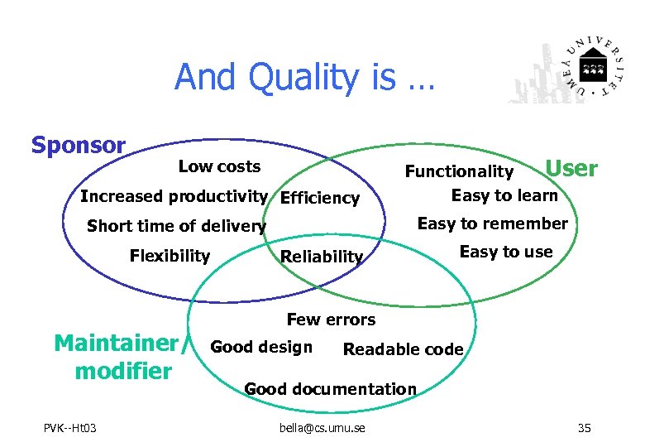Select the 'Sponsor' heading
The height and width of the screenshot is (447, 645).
[x=79, y=146]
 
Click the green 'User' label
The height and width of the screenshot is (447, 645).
[x=571, y=168]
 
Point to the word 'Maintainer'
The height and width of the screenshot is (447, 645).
[x=116, y=343]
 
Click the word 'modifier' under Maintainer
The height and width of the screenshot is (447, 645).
[x=122, y=370]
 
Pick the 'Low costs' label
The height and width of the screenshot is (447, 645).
[x=219, y=166]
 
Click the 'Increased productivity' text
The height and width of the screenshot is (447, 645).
[x=174, y=196]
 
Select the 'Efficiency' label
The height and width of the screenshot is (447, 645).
[x=320, y=198]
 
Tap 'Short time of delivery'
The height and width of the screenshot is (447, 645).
[x=176, y=226]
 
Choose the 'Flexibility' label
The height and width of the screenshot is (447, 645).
[x=170, y=256]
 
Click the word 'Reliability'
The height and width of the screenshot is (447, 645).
[x=322, y=257]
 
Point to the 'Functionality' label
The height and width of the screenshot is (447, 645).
[x=459, y=171]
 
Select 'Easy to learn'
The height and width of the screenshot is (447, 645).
[x=504, y=195]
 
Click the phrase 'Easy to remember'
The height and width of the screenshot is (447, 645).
[x=492, y=223]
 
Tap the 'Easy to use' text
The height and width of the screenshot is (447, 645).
[x=505, y=252]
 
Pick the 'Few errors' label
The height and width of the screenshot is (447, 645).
[x=331, y=320]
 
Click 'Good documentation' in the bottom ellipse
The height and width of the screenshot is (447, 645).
[x=330, y=389]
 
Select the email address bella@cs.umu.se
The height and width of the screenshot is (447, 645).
[x=322, y=427]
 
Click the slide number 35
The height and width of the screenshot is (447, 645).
[x=584, y=427]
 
